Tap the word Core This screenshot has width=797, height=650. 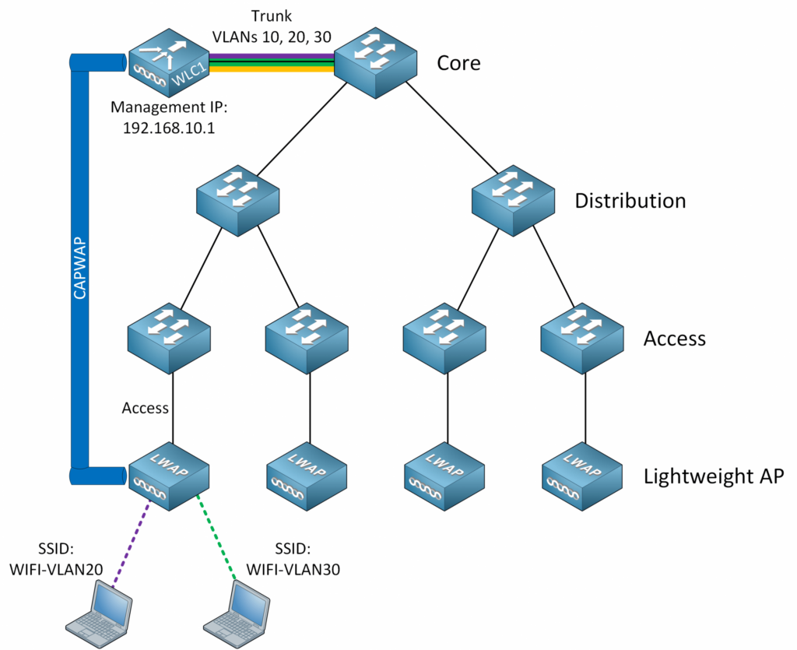(458, 62)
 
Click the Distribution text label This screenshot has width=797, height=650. (630, 201)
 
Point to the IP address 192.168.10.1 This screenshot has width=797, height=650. (169, 128)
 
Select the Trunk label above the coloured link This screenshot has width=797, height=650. (271, 15)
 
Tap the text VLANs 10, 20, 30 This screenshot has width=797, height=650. (270, 36)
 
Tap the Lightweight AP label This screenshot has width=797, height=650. (713, 476)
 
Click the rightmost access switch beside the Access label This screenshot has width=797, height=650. (582, 337)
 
